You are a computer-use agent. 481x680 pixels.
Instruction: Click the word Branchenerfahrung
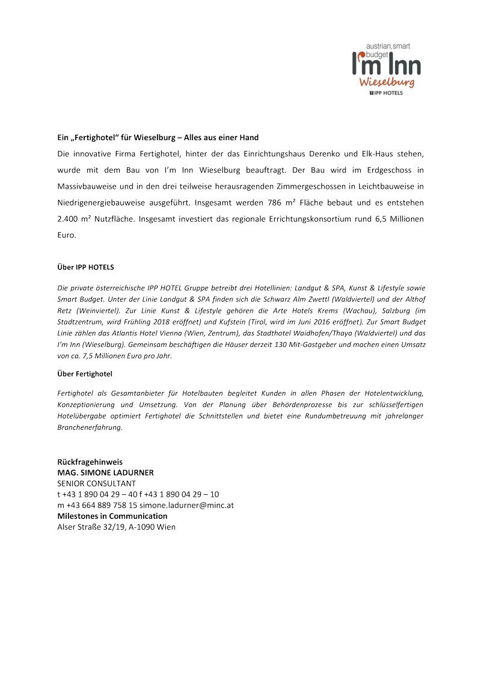(x=89, y=427)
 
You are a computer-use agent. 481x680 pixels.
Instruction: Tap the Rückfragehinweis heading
(x=90, y=462)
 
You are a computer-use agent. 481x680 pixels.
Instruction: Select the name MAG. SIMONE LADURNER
(x=105, y=473)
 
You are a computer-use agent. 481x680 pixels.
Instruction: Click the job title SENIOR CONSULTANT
(x=96, y=483)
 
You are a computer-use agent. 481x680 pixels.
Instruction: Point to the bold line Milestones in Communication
(x=112, y=516)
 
